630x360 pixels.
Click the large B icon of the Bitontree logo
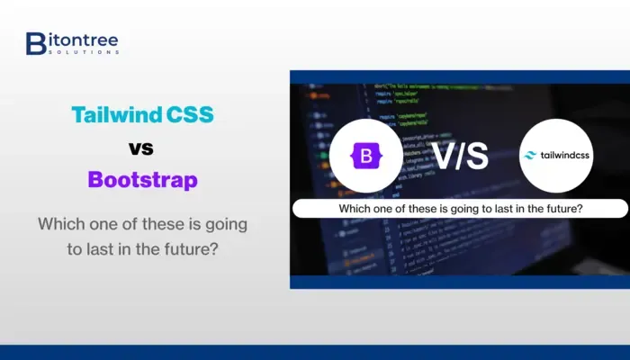coord(36,42)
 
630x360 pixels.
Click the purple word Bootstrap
coord(143,179)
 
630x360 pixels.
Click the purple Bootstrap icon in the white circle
coord(365,157)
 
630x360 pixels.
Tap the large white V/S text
coord(461,156)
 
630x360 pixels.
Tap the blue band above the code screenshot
coord(459,76)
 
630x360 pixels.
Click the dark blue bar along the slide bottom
coord(315,352)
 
